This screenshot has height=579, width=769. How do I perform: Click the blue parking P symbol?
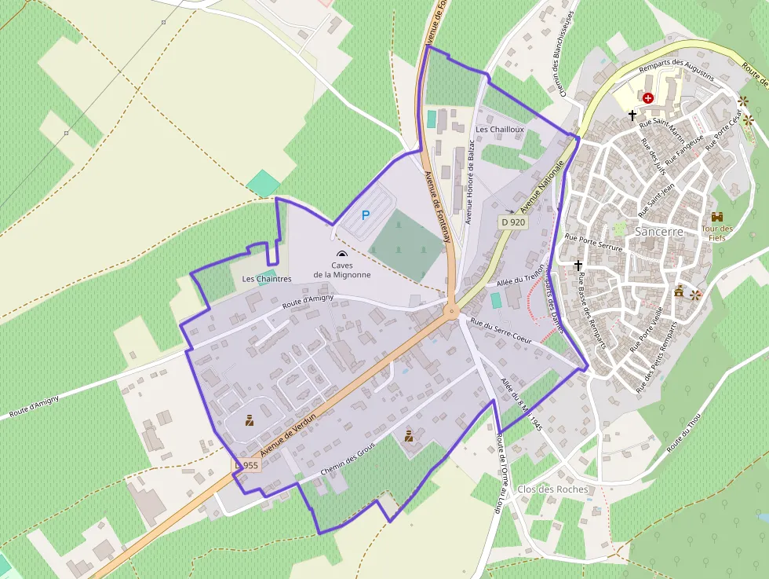click(x=365, y=214)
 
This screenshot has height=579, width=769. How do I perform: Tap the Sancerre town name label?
click(x=659, y=233)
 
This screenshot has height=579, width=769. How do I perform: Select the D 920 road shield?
click(x=512, y=222)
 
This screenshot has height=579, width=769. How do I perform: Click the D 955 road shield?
click(x=246, y=466)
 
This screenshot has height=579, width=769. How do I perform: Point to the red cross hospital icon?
click(x=647, y=98)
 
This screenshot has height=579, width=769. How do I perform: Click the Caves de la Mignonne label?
click(x=341, y=270)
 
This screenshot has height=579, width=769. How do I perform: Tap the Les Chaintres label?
click(x=267, y=279)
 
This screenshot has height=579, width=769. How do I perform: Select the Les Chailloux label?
click(x=500, y=129)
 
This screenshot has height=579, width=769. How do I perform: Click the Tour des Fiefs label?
click(x=716, y=233)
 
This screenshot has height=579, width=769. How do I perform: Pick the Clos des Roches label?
click(x=552, y=489)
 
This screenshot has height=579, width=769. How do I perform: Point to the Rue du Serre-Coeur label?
click(x=501, y=332)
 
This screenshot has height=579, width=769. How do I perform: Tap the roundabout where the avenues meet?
click(x=451, y=311)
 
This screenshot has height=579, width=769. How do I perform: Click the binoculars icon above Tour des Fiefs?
click(x=716, y=217)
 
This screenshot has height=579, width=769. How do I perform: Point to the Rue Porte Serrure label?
click(x=593, y=242)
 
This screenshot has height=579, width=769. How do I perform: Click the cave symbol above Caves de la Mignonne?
click(x=341, y=255)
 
